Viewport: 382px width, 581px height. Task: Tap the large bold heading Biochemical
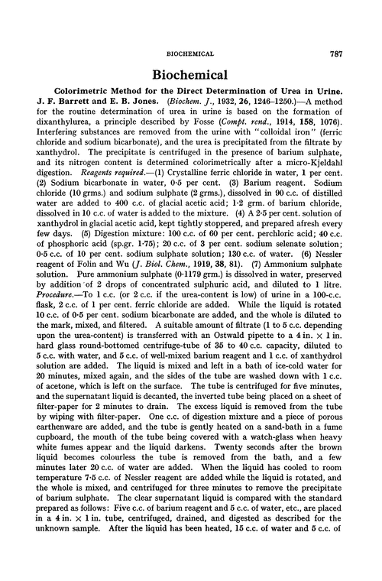click(190, 59)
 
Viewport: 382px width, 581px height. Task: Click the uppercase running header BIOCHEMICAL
click(191, 33)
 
